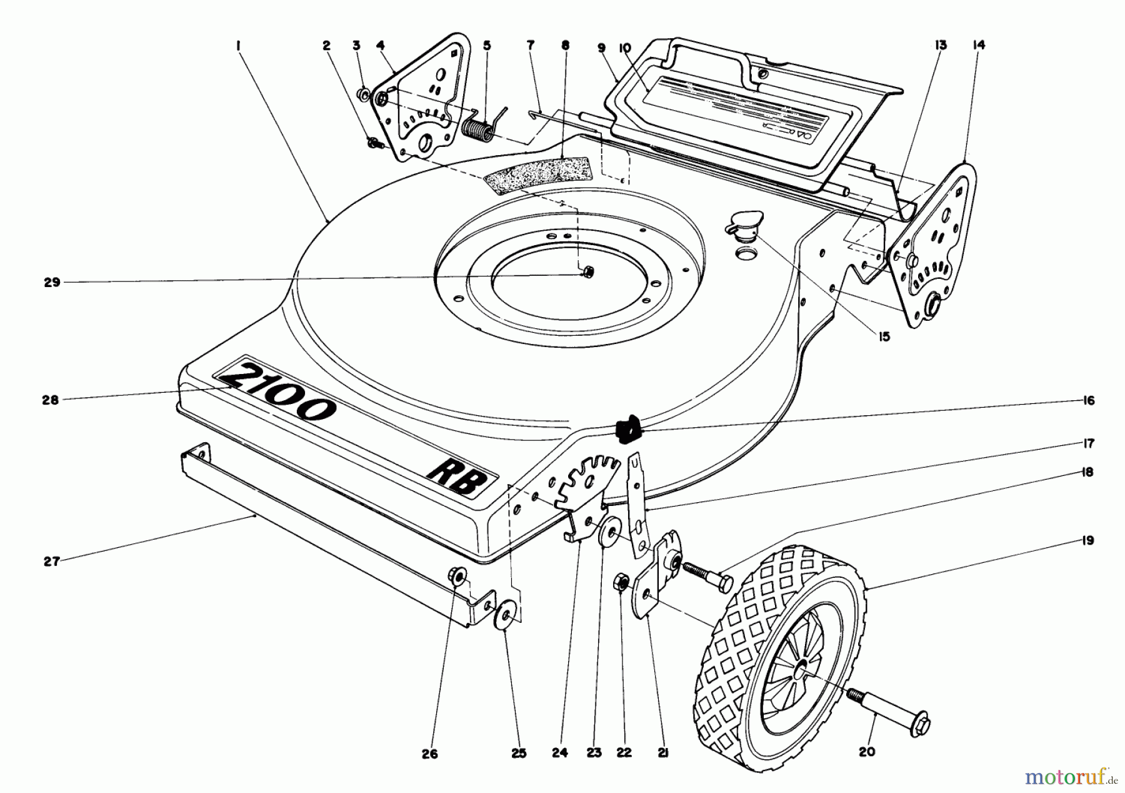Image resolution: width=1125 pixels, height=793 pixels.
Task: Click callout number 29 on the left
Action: coord(52,282)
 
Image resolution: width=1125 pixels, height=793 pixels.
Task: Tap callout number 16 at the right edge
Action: coord(1089,401)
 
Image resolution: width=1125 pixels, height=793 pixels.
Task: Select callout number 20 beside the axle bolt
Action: coord(867,752)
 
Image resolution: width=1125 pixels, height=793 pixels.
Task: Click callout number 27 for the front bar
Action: coord(52,561)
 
